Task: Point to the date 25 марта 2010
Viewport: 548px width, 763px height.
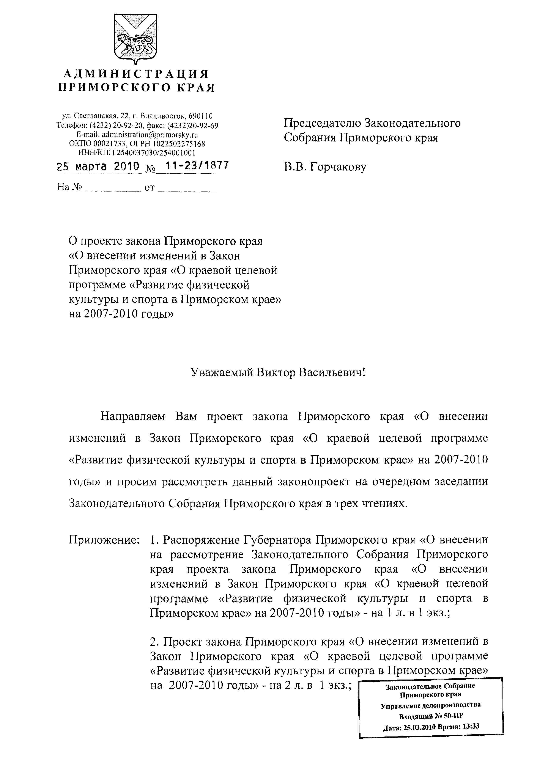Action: click(98, 166)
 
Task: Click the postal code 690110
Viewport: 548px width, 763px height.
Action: click(201, 116)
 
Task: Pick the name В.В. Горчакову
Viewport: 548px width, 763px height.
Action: click(325, 167)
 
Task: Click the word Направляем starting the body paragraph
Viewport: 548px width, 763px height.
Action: click(133, 416)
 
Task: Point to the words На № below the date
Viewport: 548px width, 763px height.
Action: click(70, 187)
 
